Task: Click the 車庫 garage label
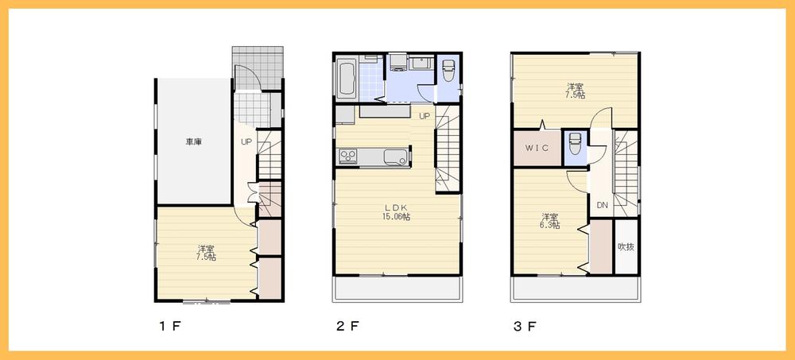(x=193, y=142)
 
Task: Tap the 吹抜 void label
(x=626, y=246)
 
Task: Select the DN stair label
(x=602, y=206)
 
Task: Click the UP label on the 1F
(x=246, y=142)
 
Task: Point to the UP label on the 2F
(x=425, y=117)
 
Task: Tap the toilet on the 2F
(x=448, y=72)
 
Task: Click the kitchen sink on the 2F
(x=395, y=156)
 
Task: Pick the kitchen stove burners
(x=348, y=156)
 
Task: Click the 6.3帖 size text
(x=549, y=226)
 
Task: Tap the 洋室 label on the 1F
(x=206, y=249)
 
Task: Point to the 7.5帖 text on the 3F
(x=576, y=95)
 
